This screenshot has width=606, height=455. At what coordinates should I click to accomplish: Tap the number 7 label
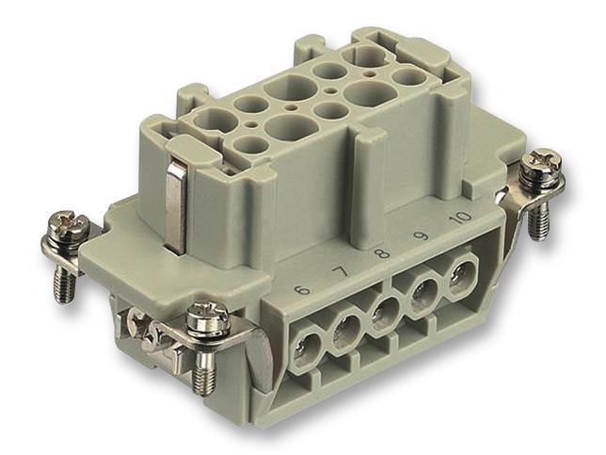click(342, 273)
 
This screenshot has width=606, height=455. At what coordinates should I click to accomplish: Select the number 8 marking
click(380, 255)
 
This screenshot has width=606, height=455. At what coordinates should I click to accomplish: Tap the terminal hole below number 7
click(346, 331)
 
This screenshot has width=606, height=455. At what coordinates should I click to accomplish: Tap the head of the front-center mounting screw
click(208, 316)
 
